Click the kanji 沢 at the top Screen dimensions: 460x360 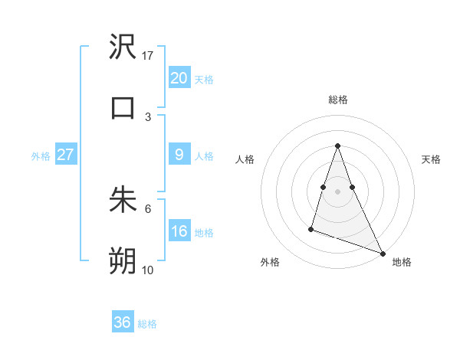[x=123, y=47]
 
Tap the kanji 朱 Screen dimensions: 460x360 [x=123, y=200]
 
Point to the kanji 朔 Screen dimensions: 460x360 [x=123, y=261]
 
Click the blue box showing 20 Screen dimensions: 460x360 [x=179, y=77]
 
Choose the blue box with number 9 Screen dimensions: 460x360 [x=179, y=155]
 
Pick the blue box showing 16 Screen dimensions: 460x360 [x=179, y=231]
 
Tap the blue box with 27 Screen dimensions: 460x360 [x=65, y=155]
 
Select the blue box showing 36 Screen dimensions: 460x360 [x=123, y=322]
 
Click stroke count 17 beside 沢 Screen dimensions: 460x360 [x=148, y=56]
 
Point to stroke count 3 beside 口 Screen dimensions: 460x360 [x=148, y=116]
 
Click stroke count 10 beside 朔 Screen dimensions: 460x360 [x=148, y=270]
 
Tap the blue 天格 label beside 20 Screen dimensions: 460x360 [x=204, y=79]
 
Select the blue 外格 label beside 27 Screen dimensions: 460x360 [x=41, y=155]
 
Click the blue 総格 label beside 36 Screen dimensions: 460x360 [x=147, y=324]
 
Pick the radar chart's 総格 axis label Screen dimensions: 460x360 [x=338, y=100]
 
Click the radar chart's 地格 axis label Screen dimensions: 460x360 [x=402, y=262]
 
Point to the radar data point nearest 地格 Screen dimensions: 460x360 [x=382, y=253]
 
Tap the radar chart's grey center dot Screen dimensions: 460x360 [x=337, y=191]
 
